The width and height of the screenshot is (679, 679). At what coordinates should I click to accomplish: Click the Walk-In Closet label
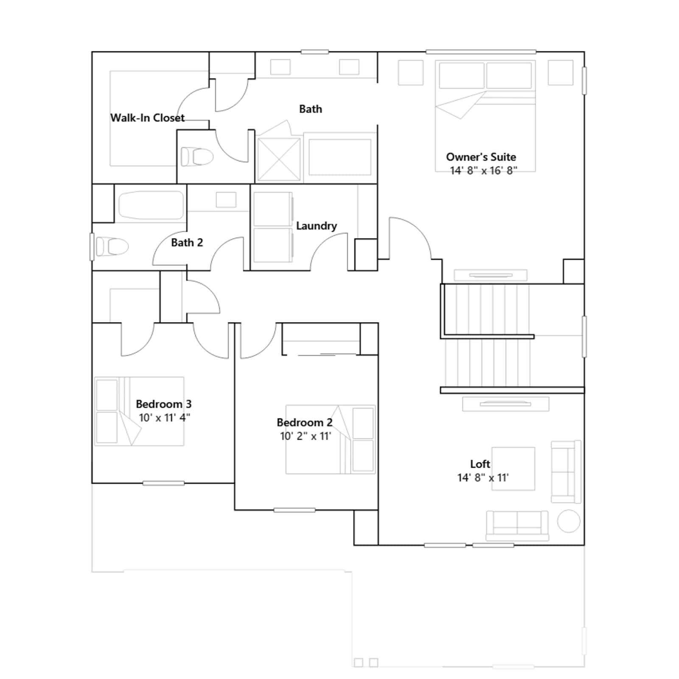click(x=147, y=118)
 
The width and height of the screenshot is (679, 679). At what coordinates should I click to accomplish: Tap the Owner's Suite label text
click(x=481, y=157)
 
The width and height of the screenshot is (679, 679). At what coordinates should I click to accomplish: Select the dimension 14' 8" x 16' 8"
click(x=483, y=171)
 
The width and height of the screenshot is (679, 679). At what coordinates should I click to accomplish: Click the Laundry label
click(x=317, y=226)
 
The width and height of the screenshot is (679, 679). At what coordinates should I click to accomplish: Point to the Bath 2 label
click(x=187, y=243)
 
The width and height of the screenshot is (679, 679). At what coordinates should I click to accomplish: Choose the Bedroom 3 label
click(x=163, y=404)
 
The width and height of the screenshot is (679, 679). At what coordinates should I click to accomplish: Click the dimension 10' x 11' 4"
click(x=165, y=418)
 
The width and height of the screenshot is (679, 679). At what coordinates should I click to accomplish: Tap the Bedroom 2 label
click(x=304, y=423)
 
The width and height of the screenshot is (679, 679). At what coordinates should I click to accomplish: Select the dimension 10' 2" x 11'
click(x=306, y=436)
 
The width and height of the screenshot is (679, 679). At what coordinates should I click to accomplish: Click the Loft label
click(x=480, y=464)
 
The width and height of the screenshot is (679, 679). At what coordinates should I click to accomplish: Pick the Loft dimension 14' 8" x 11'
click(x=483, y=478)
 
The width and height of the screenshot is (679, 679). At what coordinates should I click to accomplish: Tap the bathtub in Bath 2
click(x=151, y=205)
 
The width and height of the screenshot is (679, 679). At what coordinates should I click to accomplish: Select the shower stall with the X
click(x=278, y=159)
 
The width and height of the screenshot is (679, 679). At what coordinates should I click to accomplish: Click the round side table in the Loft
click(x=569, y=521)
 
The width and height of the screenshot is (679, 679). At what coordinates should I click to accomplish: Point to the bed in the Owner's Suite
click(x=485, y=116)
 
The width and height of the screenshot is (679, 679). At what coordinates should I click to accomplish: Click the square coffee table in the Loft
click(x=513, y=469)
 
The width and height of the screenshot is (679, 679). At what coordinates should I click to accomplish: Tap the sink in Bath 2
click(x=226, y=200)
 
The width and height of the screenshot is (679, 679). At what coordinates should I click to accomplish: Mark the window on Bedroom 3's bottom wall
click(x=163, y=483)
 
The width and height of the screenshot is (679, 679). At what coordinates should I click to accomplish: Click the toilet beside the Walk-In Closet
click(x=197, y=157)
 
